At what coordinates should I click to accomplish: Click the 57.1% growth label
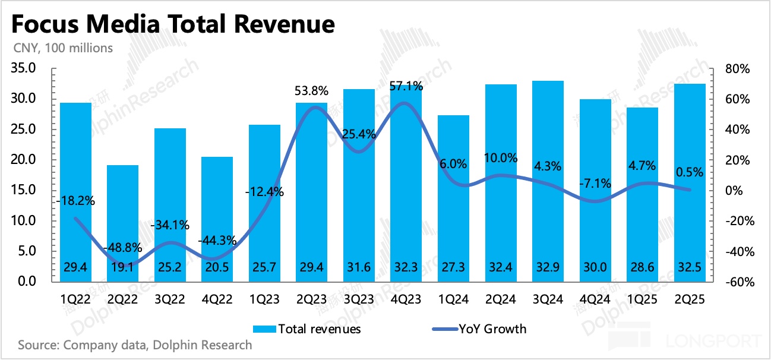(x=406, y=87)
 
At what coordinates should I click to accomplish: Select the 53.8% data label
(x=312, y=91)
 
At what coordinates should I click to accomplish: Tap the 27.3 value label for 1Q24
(x=453, y=267)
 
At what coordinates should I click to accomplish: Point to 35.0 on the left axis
(x=28, y=69)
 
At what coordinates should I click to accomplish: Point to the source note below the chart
(x=135, y=345)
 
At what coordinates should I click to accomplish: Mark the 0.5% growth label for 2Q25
(x=690, y=173)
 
